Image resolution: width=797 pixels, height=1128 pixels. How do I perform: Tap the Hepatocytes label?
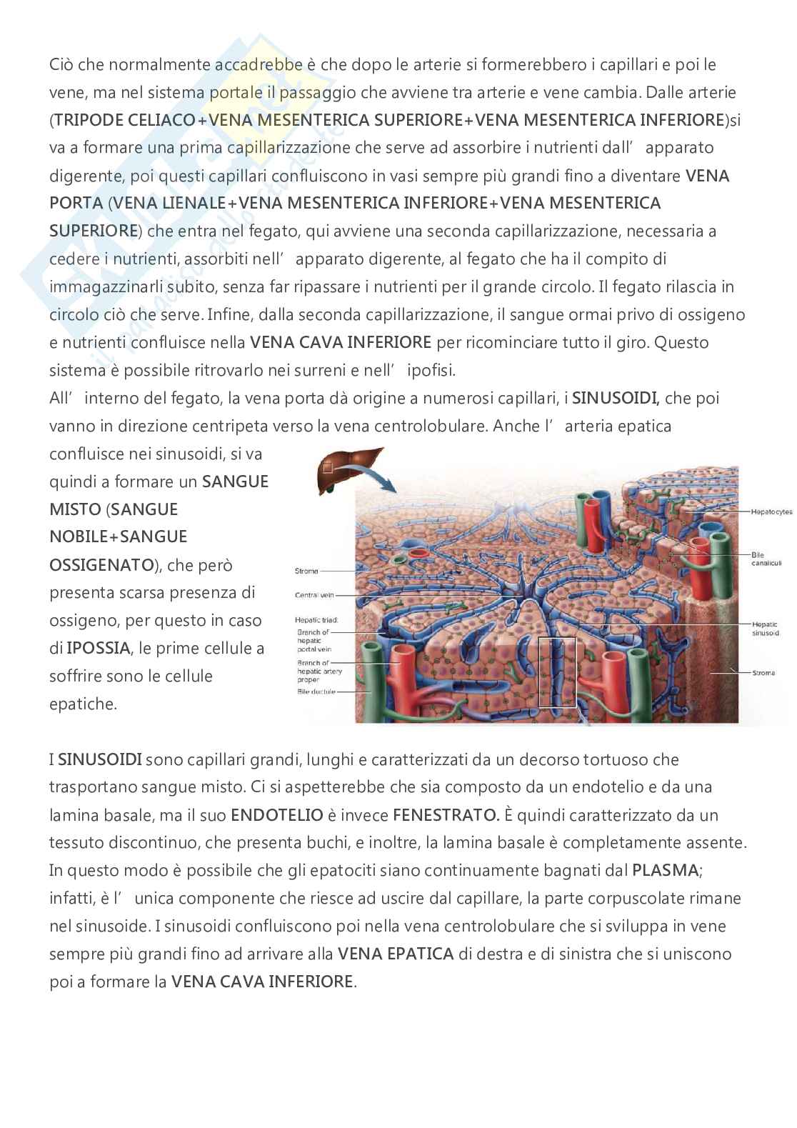[x=771, y=512]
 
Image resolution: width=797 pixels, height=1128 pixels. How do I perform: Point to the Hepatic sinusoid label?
[x=765, y=628]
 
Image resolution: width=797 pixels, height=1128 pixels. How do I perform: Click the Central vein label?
[x=315, y=594]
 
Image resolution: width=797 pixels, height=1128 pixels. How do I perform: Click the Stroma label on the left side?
[x=306, y=571]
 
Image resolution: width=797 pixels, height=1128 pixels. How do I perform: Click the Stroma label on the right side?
[x=763, y=673]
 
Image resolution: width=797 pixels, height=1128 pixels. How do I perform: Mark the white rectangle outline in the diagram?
[x=556, y=672]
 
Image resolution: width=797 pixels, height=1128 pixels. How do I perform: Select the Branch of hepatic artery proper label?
[x=319, y=672]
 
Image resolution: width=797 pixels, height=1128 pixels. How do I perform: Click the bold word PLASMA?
[x=666, y=870]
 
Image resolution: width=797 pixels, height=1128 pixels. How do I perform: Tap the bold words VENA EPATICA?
[x=396, y=954]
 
